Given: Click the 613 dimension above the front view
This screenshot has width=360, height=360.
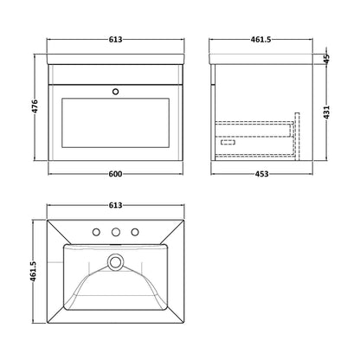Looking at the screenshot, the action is coord(115,40).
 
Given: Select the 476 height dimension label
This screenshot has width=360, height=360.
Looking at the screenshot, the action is coord(35,106).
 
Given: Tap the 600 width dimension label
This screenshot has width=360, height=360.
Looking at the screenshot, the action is coord(115,174).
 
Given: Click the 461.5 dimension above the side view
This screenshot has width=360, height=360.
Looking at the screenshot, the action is coord(260,40).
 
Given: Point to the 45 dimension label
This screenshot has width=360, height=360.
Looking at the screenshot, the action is coord(326,59).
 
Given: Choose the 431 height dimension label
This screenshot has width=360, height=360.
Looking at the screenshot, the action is coord(326,112).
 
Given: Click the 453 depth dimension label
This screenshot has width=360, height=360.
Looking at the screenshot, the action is coord(261,174).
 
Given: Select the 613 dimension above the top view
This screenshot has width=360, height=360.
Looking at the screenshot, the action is coord(115,205).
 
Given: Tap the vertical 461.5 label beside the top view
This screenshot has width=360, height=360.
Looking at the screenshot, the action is coord(33,272).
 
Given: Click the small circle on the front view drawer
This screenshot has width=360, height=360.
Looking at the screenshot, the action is coord(116,92).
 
